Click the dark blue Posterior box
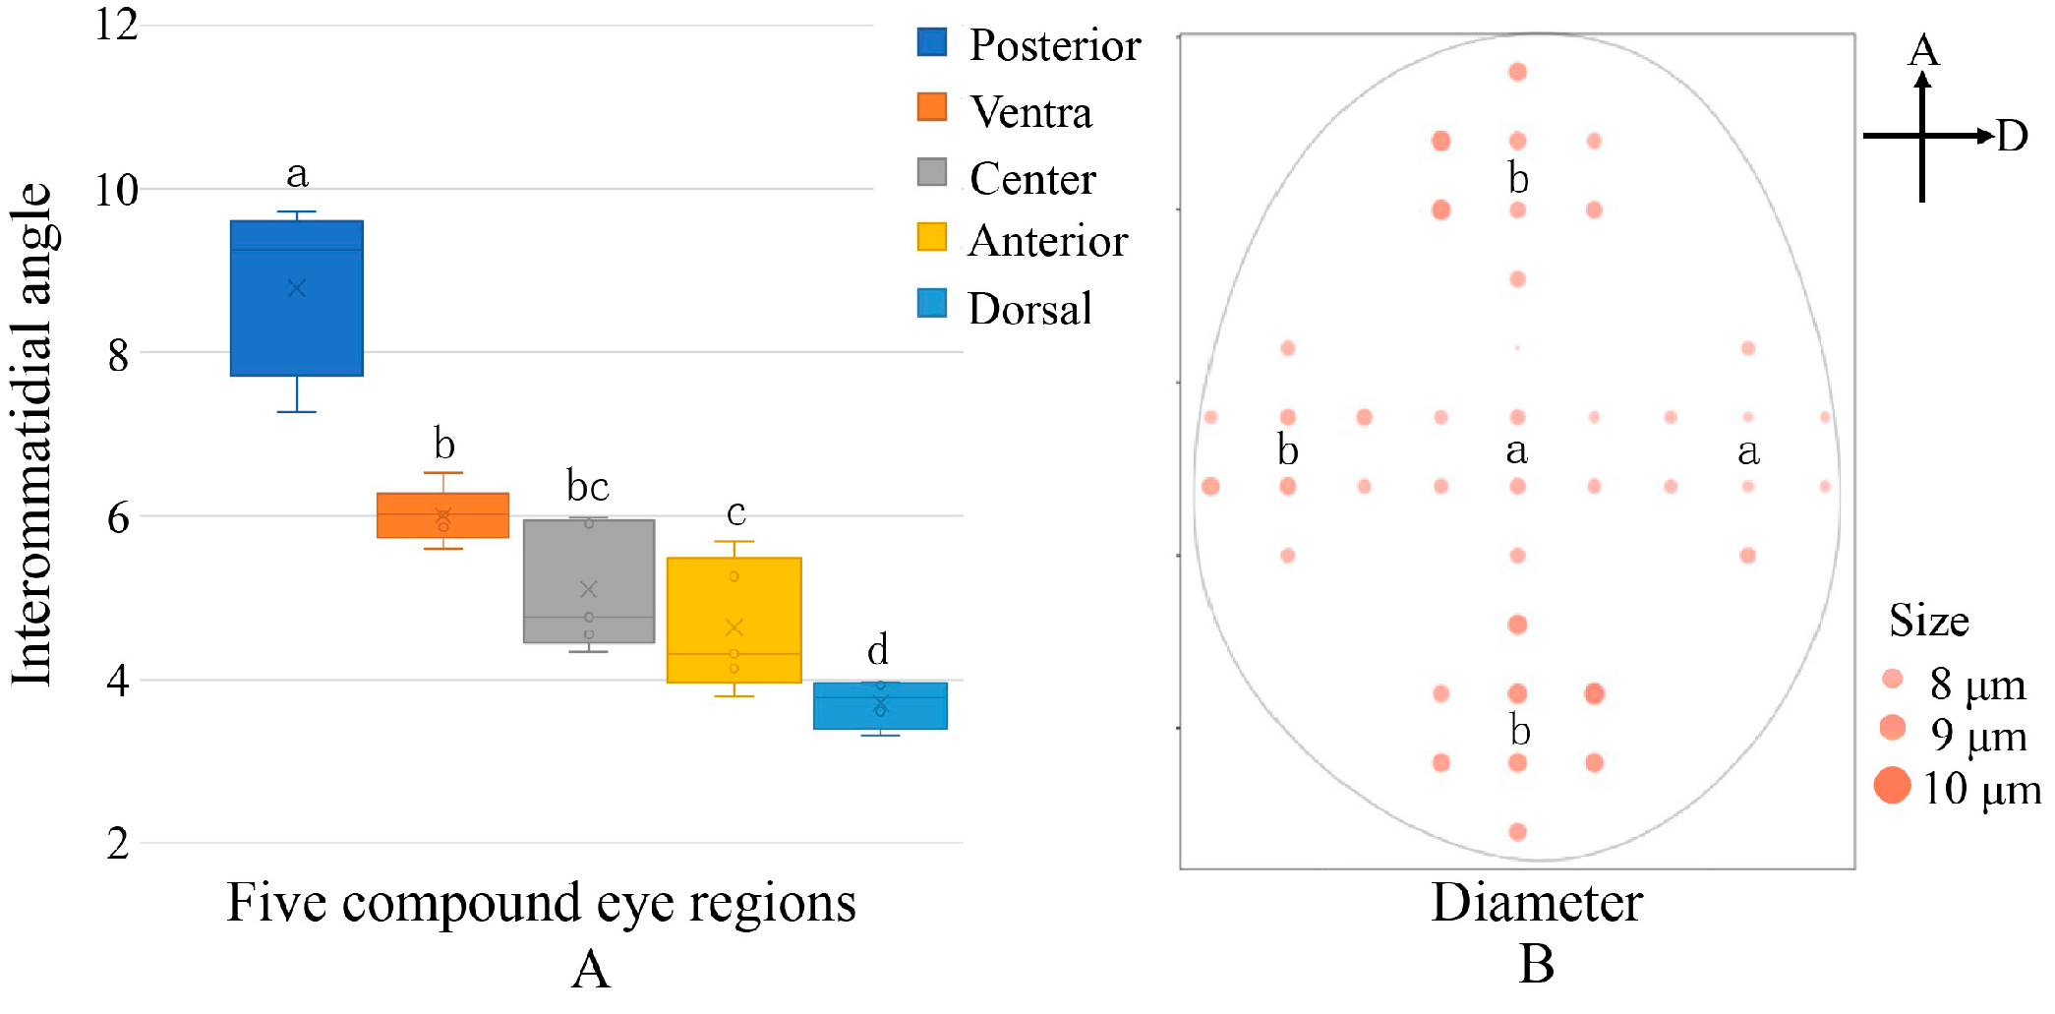pos(297,298)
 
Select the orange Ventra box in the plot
pos(442,515)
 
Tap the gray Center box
pos(588,581)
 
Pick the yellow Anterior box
pos(734,620)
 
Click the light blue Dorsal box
pos(880,705)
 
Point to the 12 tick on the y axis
pos(116,25)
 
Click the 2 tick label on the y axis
pos(118,844)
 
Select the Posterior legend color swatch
pos(931,42)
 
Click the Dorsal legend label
pos(1029,309)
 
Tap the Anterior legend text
pos(1047,242)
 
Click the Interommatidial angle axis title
pos(31,433)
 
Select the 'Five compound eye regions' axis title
pos(541,903)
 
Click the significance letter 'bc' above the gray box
pos(587,486)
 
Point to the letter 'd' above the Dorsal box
pos(878,650)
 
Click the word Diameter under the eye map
pos(1536,903)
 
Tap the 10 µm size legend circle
pos(1892,786)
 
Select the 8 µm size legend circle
pos(1892,679)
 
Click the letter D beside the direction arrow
pos(2012,137)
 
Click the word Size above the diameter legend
pos(1928,622)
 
